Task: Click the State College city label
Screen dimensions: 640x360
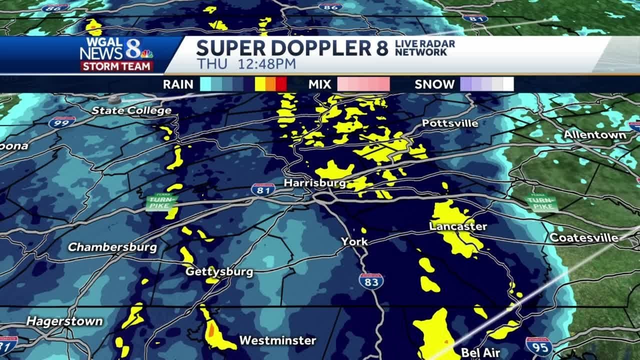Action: (x=131, y=110)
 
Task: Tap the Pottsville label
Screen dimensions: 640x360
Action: (x=450, y=123)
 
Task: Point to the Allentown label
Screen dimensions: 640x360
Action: (x=595, y=135)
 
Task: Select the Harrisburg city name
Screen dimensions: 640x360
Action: (x=314, y=183)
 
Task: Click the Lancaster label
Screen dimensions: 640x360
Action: (x=458, y=226)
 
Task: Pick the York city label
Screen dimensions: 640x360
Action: (x=354, y=241)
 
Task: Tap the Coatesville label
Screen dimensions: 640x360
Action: (x=584, y=237)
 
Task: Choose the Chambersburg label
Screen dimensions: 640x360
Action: (x=112, y=247)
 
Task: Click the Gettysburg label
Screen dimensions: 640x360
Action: (x=219, y=272)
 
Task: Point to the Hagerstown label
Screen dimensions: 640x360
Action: (x=64, y=321)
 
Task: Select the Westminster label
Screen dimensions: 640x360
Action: (x=277, y=340)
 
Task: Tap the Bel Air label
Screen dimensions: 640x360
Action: (x=480, y=352)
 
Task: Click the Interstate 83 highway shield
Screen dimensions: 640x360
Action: (x=371, y=281)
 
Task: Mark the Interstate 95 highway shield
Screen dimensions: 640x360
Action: (x=538, y=345)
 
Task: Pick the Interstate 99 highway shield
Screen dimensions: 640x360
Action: (x=62, y=122)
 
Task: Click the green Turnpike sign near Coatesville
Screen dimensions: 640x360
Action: (x=541, y=202)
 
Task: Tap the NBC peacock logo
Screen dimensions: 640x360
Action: (x=146, y=53)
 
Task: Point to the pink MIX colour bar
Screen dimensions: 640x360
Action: (x=363, y=84)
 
